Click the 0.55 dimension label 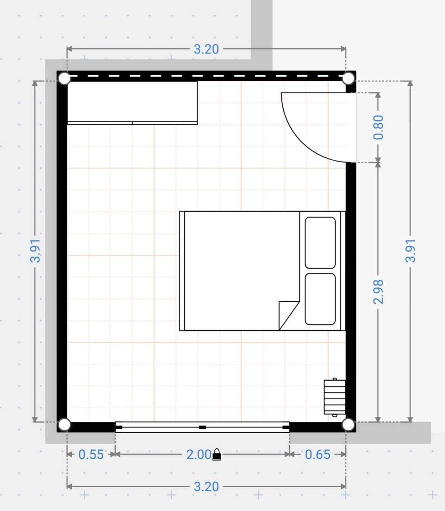tap(91, 454)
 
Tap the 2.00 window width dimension tap(198, 454)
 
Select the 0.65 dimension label tap(318, 454)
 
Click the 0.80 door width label tap(378, 127)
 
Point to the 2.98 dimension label tap(378, 292)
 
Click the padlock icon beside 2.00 tap(216, 455)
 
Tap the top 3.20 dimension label tap(206, 49)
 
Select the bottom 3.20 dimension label tap(206, 486)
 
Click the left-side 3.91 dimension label tap(35, 251)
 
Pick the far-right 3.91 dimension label tap(410, 251)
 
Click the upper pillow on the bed tap(320, 243)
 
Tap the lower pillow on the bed tap(320, 299)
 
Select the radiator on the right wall tap(335, 397)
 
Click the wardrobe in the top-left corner tap(132, 103)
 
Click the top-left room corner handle tap(64, 78)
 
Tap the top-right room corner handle tap(348, 78)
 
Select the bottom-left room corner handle tap(64, 425)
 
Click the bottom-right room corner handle tap(348, 425)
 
